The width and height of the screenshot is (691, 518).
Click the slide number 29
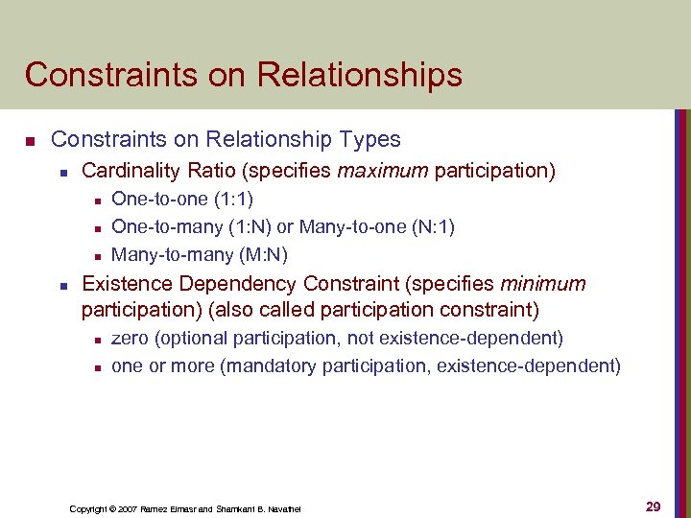(653, 506)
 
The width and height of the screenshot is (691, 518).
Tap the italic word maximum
(382, 172)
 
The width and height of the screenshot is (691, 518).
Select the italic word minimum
(543, 284)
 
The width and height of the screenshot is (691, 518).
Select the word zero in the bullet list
(131, 338)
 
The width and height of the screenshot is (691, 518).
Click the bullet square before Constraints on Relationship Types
(30, 141)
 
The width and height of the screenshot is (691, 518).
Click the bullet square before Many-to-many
(94, 256)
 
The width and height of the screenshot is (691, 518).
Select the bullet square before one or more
(94, 367)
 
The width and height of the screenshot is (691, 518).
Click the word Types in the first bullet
(375, 140)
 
